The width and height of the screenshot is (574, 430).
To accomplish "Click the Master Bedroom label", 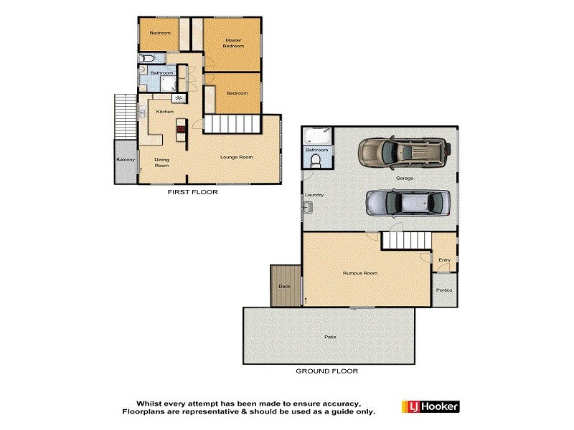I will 234,43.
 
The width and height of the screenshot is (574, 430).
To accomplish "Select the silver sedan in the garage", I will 408,203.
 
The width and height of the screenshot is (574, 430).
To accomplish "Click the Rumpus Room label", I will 360,273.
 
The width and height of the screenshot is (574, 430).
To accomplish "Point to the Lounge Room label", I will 237,156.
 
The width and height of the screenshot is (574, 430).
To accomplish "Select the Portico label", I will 444,290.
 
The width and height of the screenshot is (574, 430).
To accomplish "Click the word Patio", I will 330,336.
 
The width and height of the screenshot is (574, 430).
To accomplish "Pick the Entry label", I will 444,260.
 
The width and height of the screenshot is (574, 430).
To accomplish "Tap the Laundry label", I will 314,195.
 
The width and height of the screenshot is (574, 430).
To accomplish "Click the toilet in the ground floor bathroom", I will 317,161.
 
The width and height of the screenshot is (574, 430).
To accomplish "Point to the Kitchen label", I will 165,112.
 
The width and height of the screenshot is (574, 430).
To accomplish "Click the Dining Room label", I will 162,162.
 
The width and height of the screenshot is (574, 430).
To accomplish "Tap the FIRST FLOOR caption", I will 192,192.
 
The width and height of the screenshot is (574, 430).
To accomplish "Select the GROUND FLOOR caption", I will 326,371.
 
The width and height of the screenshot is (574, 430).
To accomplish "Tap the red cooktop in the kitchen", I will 180,130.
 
